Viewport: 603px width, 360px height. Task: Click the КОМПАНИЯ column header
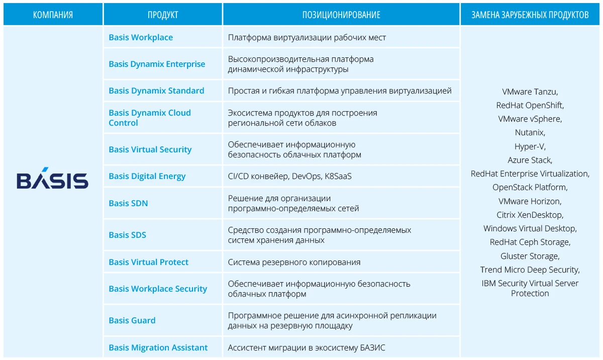coord(53,15)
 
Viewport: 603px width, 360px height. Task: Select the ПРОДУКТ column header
coord(163,15)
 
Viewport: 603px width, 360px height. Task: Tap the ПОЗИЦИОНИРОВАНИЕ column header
coord(341,15)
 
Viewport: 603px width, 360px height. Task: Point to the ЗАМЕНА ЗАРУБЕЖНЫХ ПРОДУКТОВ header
coord(530,15)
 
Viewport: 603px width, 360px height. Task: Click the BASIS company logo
coord(52,179)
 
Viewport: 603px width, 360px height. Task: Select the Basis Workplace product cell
coord(141,38)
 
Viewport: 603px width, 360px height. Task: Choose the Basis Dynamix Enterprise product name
coord(157,64)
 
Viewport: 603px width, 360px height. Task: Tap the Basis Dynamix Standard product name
coord(156,91)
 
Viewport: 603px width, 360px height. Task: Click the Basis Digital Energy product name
coord(147,176)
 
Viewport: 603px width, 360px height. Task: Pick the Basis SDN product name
coord(128,203)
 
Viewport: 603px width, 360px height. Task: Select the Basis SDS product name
coord(127,235)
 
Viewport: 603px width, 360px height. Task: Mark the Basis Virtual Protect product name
coord(148,262)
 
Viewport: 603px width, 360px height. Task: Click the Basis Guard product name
coord(132,320)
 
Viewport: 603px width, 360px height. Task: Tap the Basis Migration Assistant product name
coord(158,347)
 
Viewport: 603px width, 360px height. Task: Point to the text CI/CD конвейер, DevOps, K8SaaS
coord(289,176)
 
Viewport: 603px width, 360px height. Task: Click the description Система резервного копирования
coord(294,262)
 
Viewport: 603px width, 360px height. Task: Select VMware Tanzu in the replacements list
coord(530,92)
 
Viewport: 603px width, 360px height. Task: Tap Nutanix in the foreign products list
coord(530,133)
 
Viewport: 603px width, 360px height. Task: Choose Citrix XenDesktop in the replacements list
coord(530,215)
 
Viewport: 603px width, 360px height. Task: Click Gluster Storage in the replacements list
coord(530,256)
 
